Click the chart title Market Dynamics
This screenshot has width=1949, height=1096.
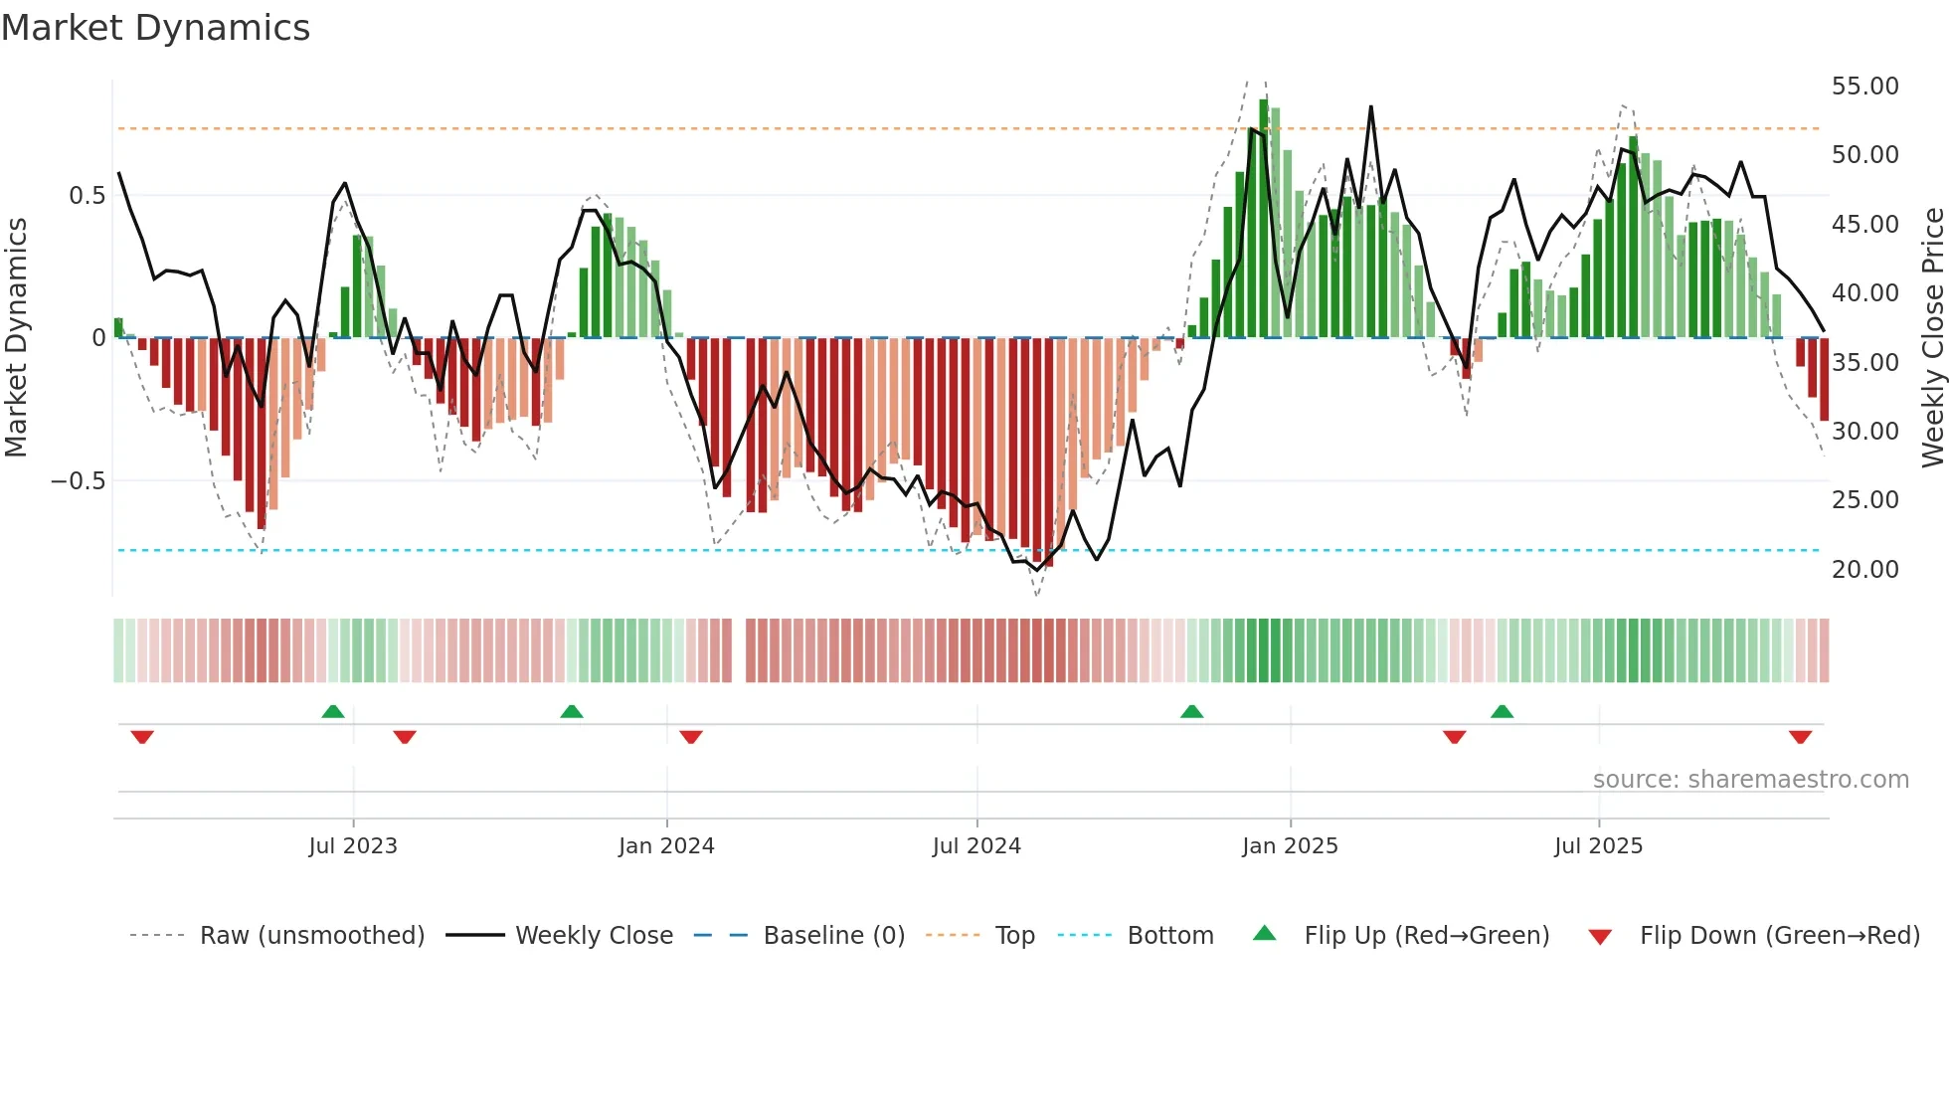[156, 28]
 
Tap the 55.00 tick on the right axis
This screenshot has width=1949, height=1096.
[1864, 87]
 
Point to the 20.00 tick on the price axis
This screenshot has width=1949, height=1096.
[1864, 570]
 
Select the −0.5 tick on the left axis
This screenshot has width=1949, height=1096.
[78, 481]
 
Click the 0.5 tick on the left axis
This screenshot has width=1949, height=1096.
[87, 196]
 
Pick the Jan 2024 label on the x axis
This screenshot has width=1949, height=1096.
[666, 846]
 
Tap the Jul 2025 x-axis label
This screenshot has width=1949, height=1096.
[1598, 846]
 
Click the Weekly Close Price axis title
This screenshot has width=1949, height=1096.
[1932, 337]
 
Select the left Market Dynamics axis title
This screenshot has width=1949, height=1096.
[17, 337]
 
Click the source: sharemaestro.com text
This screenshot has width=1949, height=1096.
[1750, 780]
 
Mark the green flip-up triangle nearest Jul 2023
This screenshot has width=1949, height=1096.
[333, 712]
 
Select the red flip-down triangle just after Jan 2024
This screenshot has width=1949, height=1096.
[691, 737]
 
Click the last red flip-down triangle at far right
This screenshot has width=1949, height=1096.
[1800, 737]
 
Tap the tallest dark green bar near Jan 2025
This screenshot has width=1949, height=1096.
[1264, 219]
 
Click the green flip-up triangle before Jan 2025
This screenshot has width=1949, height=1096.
[1191, 712]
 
